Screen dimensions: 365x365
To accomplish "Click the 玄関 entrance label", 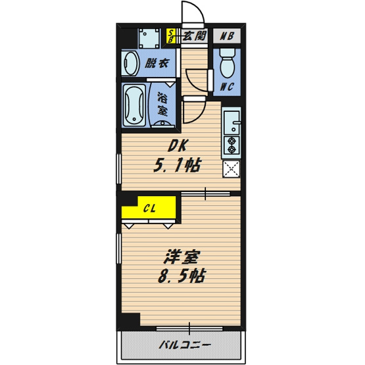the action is point(195,36).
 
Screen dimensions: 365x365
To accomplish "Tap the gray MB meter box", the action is point(227,36).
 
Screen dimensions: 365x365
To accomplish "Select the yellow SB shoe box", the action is point(171,36).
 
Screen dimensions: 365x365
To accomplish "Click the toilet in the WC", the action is point(228,63).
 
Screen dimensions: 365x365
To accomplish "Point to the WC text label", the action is point(227,87).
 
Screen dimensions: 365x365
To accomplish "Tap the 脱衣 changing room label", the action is point(157,63).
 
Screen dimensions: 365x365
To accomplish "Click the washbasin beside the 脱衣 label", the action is point(130,63).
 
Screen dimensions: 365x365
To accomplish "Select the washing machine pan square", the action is point(149,38).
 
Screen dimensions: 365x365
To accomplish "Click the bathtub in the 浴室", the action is point(134,106).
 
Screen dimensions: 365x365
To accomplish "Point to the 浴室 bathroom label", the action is point(162,104).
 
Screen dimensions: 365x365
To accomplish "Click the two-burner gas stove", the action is point(231,145).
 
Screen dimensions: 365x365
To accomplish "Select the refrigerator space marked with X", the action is point(231,169).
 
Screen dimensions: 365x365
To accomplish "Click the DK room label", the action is point(178,146).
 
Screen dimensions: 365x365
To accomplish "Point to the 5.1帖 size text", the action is point(177,165).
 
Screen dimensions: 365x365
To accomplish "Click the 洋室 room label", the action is point(182,256).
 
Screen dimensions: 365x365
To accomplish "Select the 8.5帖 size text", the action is point(182,276).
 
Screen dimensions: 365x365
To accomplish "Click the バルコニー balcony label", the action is point(185,345).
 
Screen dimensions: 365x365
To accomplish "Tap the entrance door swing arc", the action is point(197,9).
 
